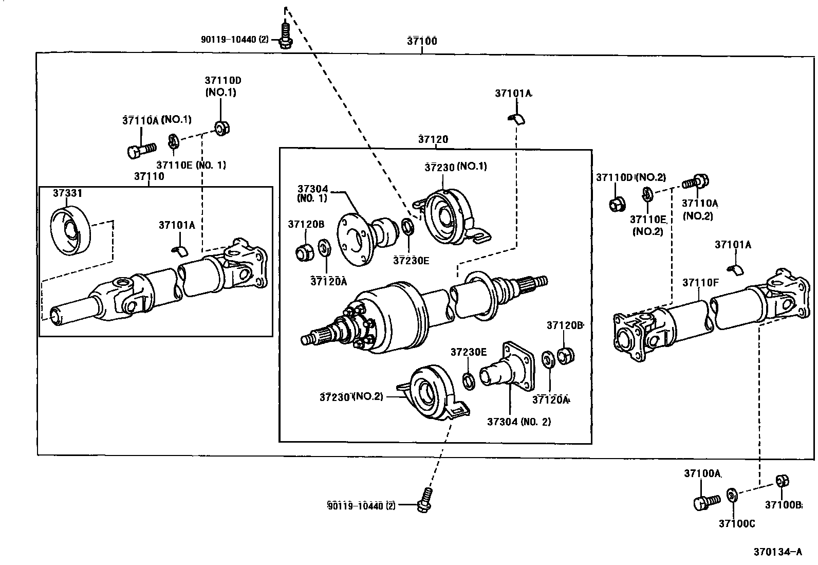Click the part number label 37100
(x=422, y=41)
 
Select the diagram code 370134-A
(x=777, y=552)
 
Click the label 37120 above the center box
(x=433, y=139)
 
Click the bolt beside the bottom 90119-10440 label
(x=424, y=500)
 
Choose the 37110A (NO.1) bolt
(x=140, y=150)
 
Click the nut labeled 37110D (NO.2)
(x=616, y=204)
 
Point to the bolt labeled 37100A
(x=705, y=502)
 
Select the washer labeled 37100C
(x=732, y=496)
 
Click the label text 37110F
(x=700, y=282)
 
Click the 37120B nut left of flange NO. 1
(x=305, y=252)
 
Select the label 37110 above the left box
(x=149, y=176)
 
